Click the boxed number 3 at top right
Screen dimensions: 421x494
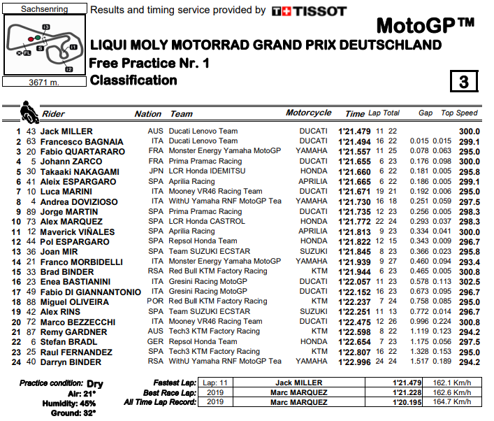[463, 81]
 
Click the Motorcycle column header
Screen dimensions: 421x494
[309, 113]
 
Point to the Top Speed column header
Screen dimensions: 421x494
[459, 113]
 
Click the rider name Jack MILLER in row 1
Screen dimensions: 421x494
[66, 131]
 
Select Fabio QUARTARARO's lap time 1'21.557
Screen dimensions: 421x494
[355, 151]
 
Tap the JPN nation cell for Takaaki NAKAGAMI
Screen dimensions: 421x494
[154, 171]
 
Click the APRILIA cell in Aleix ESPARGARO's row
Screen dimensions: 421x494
[312, 181]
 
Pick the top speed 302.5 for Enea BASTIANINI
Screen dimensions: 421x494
[468, 281]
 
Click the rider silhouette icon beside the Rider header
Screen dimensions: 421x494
[28, 110]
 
